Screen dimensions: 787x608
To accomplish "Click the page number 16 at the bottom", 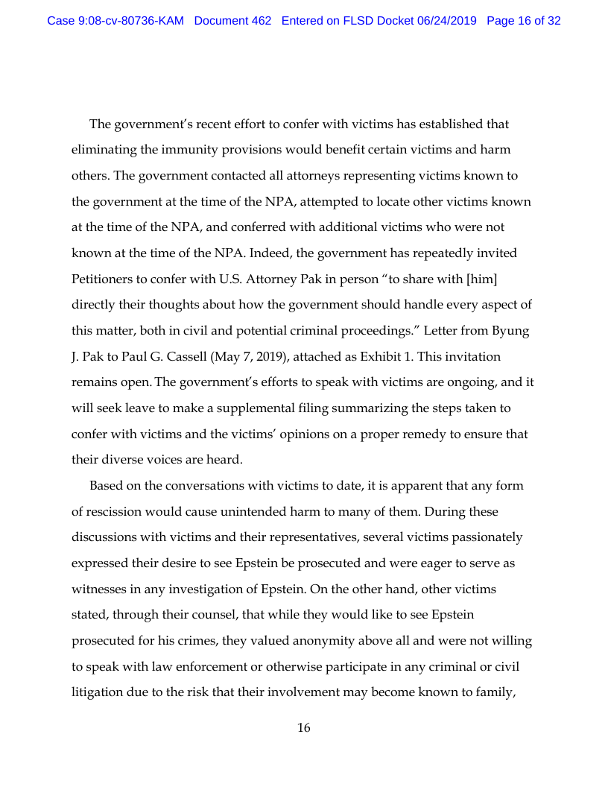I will tap(304, 728).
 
